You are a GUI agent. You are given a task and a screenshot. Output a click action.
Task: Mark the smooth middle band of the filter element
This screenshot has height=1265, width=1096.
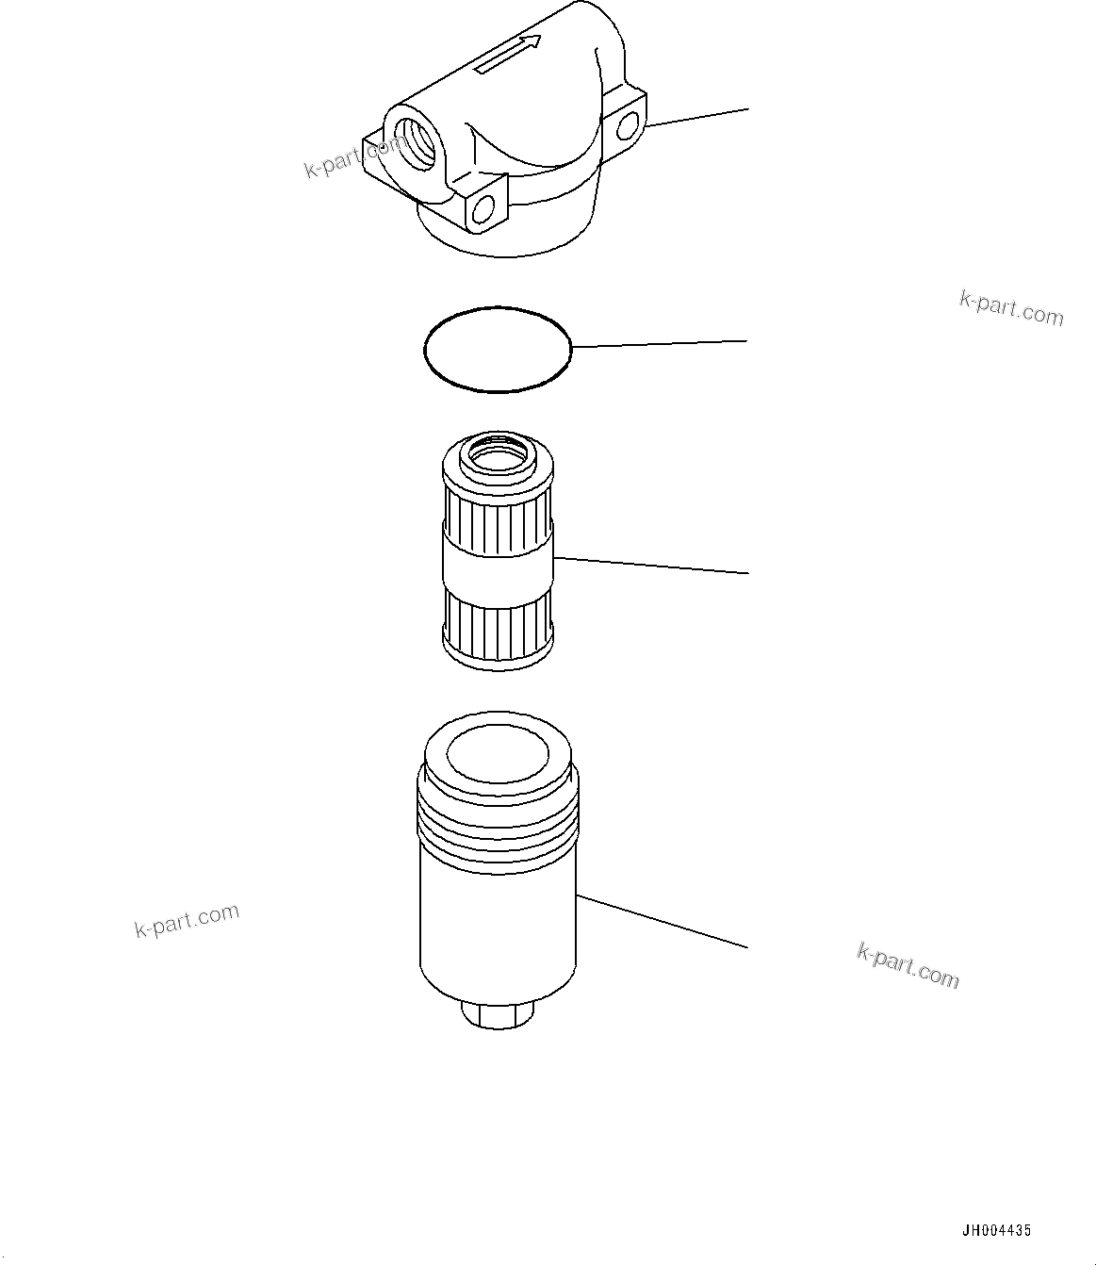(498, 567)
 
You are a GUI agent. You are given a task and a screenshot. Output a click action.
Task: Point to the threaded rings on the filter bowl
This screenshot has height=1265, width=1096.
(498, 816)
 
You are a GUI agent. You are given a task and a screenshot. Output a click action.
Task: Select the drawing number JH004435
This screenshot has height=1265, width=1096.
(996, 1230)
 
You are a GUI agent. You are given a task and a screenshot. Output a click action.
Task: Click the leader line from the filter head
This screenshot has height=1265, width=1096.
(697, 117)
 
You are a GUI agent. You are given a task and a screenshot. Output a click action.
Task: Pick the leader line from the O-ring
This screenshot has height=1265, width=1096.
(660, 344)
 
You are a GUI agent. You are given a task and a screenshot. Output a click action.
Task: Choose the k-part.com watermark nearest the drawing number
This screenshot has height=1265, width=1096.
(908, 965)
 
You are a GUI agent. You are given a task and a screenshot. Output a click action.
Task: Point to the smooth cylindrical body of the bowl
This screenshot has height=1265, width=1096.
(498, 924)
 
